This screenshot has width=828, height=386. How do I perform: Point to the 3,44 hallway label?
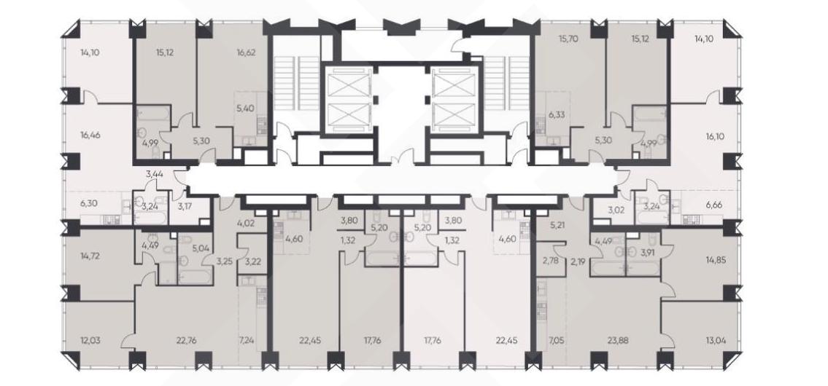click(153, 173)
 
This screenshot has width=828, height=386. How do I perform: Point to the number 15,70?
click(568, 39)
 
